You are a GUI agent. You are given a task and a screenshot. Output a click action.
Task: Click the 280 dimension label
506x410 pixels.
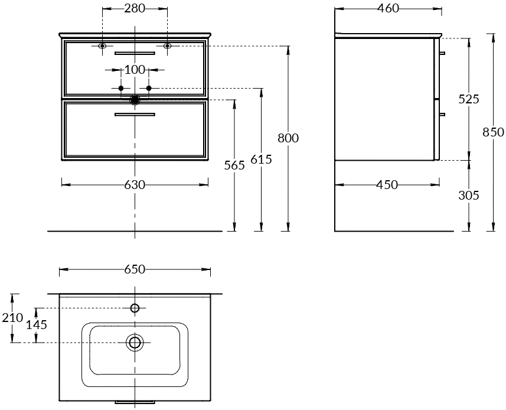(x=135, y=8)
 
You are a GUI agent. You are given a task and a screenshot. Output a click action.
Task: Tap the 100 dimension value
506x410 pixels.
(x=135, y=69)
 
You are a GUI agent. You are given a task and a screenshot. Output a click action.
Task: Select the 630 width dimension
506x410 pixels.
(x=135, y=185)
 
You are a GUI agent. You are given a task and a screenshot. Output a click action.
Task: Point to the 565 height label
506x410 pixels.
(x=234, y=165)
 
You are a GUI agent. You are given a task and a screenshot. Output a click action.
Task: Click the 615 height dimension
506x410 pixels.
(x=262, y=160)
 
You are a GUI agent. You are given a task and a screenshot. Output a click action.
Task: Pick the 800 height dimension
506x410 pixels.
(x=288, y=138)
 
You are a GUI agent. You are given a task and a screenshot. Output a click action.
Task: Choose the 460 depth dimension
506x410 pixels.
(x=389, y=8)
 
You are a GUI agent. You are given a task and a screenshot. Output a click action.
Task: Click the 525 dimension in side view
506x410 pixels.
(x=469, y=99)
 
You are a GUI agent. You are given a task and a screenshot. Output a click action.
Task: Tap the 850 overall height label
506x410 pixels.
(x=493, y=132)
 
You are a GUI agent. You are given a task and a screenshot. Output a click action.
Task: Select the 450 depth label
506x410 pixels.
(x=387, y=185)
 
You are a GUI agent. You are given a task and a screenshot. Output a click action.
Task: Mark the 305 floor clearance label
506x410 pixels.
(x=469, y=196)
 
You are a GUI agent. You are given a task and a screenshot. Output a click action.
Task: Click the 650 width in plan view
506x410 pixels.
(x=135, y=269)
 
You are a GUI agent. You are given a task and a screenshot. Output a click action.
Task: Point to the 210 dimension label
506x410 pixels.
(x=12, y=318)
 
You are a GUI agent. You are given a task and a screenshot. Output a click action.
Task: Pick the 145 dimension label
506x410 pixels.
(x=37, y=325)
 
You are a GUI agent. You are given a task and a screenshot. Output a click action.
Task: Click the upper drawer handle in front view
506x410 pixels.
(x=135, y=53)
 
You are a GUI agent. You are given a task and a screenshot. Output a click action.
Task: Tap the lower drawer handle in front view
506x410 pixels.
(x=135, y=114)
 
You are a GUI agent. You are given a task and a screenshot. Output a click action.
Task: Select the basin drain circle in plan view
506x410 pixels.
(x=135, y=343)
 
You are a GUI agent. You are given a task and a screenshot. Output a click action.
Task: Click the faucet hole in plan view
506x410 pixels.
(x=135, y=308)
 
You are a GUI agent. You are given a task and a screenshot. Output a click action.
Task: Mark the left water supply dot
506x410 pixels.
(x=121, y=88)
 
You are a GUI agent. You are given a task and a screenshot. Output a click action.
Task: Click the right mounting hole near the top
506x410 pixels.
(x=167, y=46)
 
